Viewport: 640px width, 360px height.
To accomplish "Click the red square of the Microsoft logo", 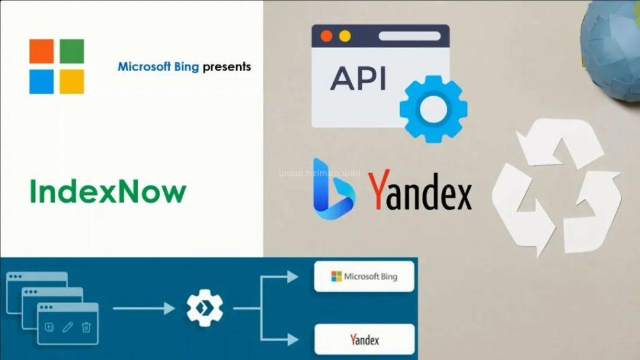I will click(x=41, y=51).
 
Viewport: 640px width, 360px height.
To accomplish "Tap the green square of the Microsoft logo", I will click(x=72, y=51).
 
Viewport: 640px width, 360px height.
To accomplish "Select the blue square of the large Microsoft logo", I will click(x=41, y=81).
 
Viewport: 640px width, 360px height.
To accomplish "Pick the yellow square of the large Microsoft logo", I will click(x=72, y=81).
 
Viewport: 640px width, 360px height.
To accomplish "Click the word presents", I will click(x=227, y=66).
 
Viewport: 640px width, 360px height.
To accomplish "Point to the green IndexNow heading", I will click(x=107, y=192).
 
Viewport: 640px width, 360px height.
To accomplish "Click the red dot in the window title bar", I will click(x=326, y=36).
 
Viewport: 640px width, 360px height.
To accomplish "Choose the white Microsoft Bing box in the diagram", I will click(x=364, y=276).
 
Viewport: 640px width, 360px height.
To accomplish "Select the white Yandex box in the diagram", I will click(x=364, y=340).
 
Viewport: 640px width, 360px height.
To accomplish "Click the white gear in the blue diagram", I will click(x=205, y=308).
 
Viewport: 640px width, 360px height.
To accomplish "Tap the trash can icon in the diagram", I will click(x=86, y=327).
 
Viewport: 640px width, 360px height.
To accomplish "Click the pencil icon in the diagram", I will click(x=67, y=327).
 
